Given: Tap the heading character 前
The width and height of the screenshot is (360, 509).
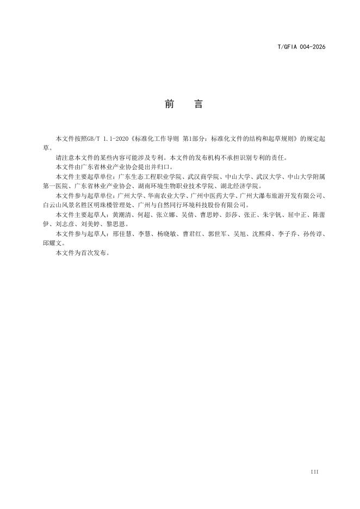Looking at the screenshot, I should coord(169,104).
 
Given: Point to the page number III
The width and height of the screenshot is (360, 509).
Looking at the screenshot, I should coord(314,471).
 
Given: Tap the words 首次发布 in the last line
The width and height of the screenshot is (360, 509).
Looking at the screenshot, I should coord(90,252).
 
